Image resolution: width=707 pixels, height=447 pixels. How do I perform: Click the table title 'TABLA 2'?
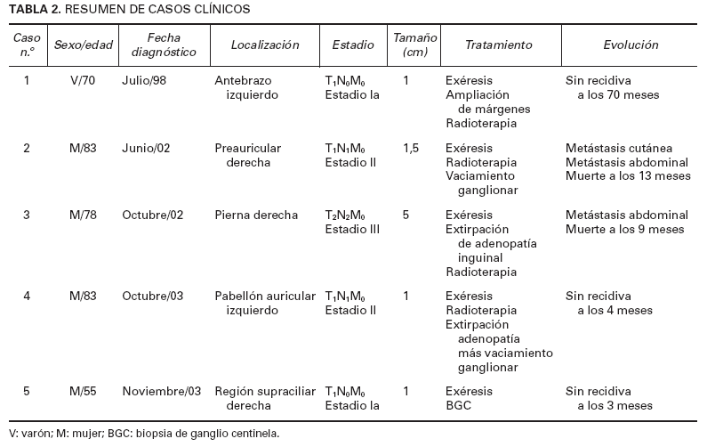31,9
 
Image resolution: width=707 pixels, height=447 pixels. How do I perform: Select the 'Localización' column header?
264,45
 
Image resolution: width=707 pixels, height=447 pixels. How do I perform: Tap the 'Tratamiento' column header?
499,45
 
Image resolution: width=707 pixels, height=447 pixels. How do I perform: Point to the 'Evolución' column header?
630,45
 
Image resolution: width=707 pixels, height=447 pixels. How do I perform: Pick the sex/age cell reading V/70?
83,79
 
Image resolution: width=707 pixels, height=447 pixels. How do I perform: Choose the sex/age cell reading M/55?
83,390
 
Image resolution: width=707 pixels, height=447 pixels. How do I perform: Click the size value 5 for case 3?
406,215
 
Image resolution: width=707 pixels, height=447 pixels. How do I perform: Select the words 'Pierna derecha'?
252,215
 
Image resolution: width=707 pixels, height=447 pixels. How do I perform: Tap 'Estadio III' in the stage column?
353,230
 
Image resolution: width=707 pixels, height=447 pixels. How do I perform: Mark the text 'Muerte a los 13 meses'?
627,176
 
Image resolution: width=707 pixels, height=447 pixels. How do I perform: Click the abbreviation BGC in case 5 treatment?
459,404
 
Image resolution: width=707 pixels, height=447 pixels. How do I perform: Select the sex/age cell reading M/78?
83,215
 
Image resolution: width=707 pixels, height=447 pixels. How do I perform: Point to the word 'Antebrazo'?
241,79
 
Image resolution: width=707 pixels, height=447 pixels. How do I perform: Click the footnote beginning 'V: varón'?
143,434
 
